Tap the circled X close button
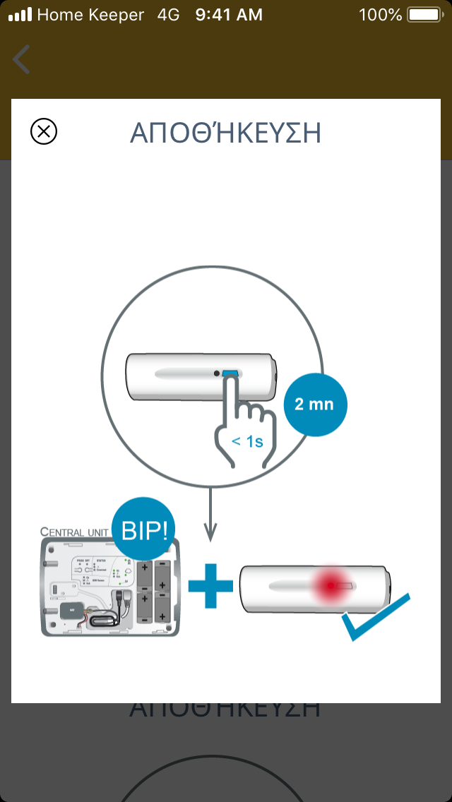(x=44, y=131)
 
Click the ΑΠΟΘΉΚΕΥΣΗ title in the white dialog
(x=225, y=133)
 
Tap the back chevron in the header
(x=22, y=59)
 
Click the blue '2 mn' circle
(x=315, y=405)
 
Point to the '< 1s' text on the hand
(x=247, y=442)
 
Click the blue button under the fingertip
(x=230, y=373)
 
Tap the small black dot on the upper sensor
(x=216, y=373)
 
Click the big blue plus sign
(x=210, y=585)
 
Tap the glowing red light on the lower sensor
(x=331, y=585)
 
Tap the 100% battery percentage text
(x=380, y=14)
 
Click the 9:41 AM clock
(x=229, y=14)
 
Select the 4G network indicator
(x=169, y=14)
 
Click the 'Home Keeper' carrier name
(x=90, y=14)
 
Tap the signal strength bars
(x=20, y=14)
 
